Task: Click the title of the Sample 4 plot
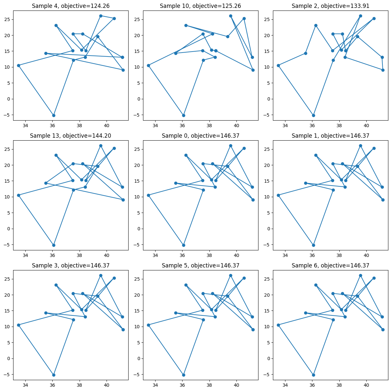pyautogui.click(x=71, y=6)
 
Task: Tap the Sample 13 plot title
pyautogui.click(x=71, y=136)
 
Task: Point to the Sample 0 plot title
pyautogui.click(x=201, y=136)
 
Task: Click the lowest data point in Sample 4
pyautogui.click(x=54, y=115)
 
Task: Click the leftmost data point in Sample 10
pyautogui.click(x=148, y=65)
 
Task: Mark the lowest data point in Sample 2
pyautogui.click(x=313, y=115)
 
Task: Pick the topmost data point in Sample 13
pyautogui.click(x=101, y=146)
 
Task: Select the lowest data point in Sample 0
pyautogui.click(x=183, y=245)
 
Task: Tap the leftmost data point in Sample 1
pyautogui.click(x=278, y=195)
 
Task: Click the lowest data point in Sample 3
pyautogui.click(x=54, y=375)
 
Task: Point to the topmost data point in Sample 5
pyautogui.click(x=231, y=275)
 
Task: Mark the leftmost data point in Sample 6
pyautogui.click(x=278, y=325)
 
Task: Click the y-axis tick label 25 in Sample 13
pyautogui.click(x=8, y=149)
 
